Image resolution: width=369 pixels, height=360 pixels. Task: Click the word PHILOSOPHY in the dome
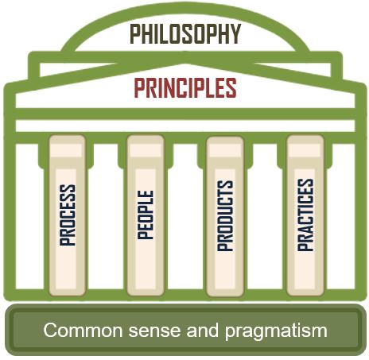[185, 34]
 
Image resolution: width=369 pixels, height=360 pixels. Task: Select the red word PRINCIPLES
[185, 87]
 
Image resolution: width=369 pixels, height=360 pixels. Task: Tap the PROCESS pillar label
[68, 215]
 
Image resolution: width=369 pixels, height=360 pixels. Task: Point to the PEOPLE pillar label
[146, 215]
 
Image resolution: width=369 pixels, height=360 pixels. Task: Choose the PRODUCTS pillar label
[225, 215]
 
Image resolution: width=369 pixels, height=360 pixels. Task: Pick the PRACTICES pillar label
[305, 215]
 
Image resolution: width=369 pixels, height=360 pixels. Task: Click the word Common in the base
[83, 331]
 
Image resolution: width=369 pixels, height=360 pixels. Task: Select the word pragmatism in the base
[276, 331]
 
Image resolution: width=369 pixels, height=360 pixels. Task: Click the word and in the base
[203, 331]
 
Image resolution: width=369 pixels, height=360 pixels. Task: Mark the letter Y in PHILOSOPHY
[235, 34]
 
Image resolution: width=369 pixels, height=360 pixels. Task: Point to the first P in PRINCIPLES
[139, 87]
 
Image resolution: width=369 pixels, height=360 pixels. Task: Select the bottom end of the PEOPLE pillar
[146, 295]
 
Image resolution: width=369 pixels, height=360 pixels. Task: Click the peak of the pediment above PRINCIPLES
[185, 60]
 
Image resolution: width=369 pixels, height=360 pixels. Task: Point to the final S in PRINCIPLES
[231, 87]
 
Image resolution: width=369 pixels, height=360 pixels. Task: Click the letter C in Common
[51, 331]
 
